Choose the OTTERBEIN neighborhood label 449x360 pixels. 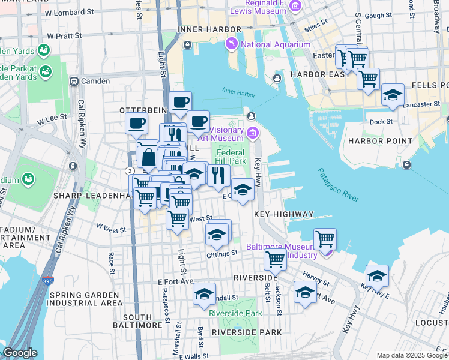point(142,111)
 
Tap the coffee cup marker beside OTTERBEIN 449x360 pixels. point(136,124)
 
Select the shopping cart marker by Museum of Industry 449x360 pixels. point(325,238)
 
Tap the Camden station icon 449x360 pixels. point(74,81)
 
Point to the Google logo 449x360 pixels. point(20,353)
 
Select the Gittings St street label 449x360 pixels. point(223,254)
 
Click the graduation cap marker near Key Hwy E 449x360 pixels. point(377,275)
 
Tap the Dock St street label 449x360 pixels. point(381,121)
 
